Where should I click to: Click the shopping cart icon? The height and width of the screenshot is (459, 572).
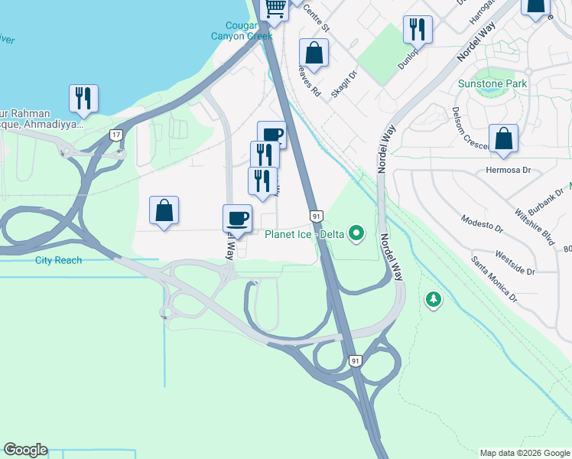click(275, 7)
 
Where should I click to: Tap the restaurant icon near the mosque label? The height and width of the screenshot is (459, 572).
click(83, 98)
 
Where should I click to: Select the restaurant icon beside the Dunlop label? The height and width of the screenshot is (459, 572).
click(418, 29)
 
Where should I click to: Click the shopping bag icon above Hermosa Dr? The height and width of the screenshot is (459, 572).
click(503, 138)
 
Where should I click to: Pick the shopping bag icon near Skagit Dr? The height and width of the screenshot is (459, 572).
click(314, 53)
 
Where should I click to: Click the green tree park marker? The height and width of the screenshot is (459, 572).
click(434, 299)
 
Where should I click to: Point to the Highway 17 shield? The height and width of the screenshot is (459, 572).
click(115, 135)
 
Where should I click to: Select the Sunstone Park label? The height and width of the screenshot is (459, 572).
click(492, 83)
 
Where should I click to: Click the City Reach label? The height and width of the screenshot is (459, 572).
click(58, 260)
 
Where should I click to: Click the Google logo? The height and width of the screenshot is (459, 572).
click(25, 450)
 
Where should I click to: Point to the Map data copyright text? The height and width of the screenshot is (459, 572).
click(524, 453)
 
